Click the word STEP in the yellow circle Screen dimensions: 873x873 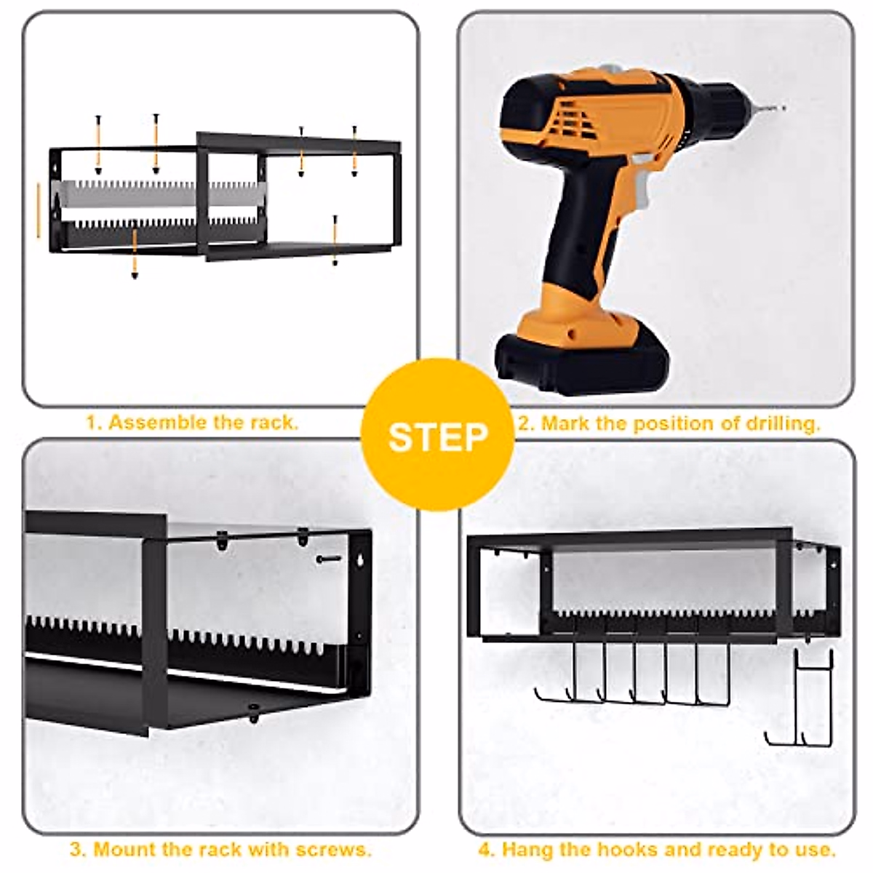[x=438, y=436]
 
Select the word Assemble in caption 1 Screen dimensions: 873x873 [x=156, y=422]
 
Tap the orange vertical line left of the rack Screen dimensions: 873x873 [x=39, y=210]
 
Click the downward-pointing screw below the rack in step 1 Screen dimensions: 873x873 [x=134, y=254]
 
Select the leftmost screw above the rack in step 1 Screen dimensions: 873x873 [x=98, y=145]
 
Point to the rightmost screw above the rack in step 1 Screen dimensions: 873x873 [x=354, y=151]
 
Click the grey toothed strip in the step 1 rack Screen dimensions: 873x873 [x=163, y=194]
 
